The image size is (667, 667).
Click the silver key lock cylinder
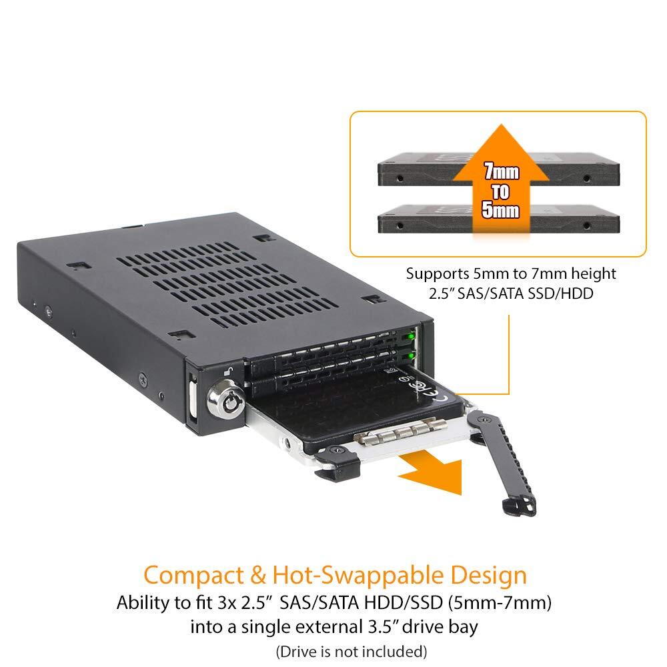[226, 400]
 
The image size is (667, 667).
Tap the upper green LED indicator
[411, 336]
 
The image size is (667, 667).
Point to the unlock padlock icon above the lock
[228, 372]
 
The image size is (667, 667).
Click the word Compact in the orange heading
[193, 576]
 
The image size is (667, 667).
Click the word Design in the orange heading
[489, 576]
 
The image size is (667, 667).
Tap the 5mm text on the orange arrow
[501, 209]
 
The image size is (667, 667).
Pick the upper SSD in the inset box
[498, 169]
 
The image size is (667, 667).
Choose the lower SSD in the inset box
[498, 219]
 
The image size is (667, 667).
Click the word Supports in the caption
[438, 274]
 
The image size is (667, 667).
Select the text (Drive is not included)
[352, 651]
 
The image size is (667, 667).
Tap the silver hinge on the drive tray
[401, 432]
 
